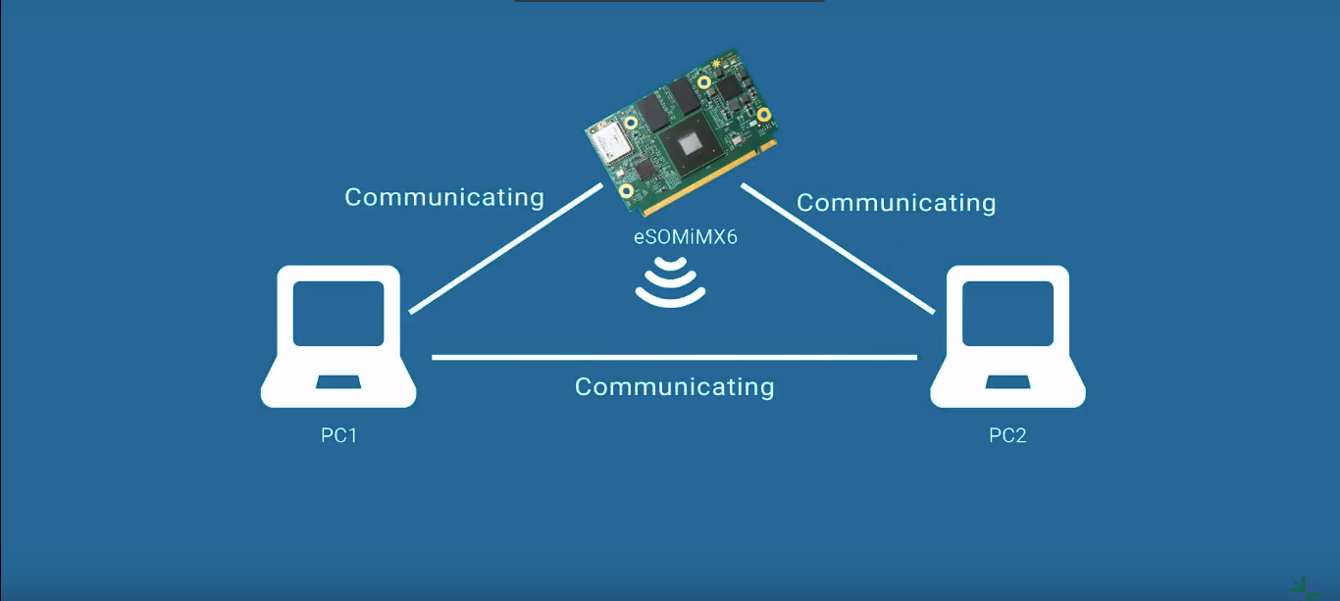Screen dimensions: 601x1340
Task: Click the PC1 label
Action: [x=339, y=435]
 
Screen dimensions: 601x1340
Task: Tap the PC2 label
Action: [x=1007, y=435]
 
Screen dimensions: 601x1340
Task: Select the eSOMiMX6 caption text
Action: [x=685, y=236]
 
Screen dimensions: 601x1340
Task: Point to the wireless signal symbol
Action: [x=670, y=281]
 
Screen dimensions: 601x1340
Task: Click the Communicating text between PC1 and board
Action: [x=443, y=197]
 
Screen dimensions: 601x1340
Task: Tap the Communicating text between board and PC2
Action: [x=896, y=203]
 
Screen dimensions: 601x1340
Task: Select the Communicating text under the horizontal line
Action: [x=674, y=387]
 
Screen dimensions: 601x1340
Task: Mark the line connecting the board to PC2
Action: [x=837, y=249]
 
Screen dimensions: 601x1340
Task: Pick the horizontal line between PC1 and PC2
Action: [x=674, y=358]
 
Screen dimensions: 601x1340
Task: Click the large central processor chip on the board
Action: [x=691, y=146]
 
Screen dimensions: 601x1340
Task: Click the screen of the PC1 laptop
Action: [x=338, y=313]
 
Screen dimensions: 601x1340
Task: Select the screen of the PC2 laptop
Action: [x=1007, y=313]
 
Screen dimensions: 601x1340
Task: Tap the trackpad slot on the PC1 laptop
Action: [x=338, y=380]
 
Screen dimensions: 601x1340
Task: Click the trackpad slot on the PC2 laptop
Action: [x=1007, y=380]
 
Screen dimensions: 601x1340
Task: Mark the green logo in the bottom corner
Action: [x=1305, y=586]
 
